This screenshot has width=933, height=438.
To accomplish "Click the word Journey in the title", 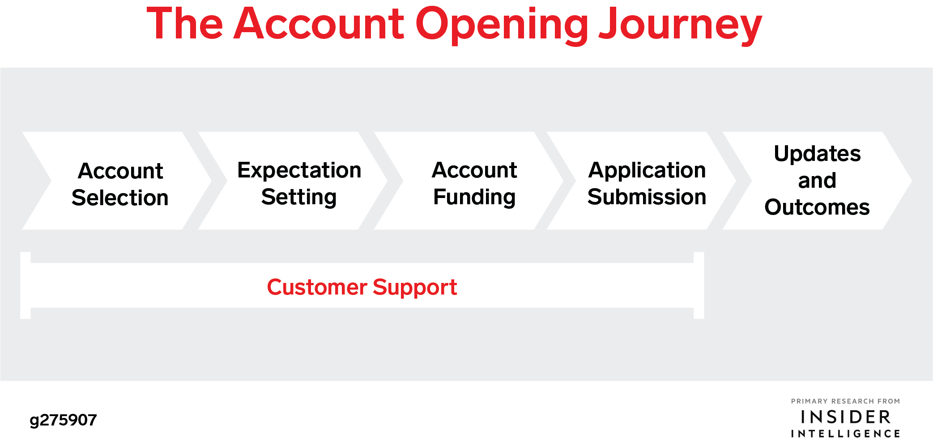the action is [x=680, y=26].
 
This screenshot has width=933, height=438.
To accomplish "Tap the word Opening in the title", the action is [x=502, y=26].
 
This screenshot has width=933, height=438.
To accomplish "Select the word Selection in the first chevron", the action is [x=120, y=198].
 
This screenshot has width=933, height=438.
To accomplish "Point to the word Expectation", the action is [x=299, y=171].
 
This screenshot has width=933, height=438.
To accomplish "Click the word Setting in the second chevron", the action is [x=299, y=198].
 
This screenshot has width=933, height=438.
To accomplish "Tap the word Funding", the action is [x=474, y=198].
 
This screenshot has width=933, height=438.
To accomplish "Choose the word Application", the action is [x=647, y=171].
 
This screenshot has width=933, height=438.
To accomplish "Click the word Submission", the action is [x=647, y=197].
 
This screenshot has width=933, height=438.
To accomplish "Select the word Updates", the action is [x=817, y=154].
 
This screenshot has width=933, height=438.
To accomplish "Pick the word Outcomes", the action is [x=817, y=207].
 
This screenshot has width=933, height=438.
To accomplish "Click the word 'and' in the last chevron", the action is [x=817, y=181].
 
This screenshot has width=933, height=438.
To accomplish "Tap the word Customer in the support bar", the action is [x=317, y=287].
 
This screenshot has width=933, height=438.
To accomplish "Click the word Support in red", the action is [x=415, y=288].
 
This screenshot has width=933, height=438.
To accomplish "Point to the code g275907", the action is [x=63, y=420].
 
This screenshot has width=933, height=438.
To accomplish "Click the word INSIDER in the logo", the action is [x=846, y=417].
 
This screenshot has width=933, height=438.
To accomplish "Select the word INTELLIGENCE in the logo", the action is [x=846, y=434].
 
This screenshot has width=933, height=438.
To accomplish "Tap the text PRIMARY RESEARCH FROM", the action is [x=846, y=401].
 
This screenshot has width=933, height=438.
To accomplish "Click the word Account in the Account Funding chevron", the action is [x=474, y=170].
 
